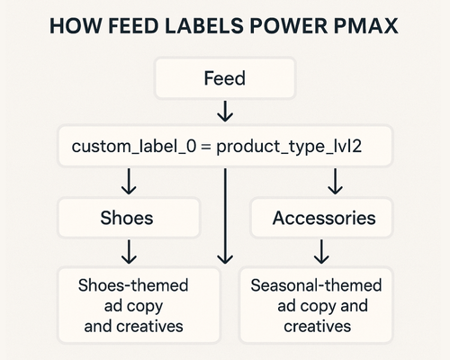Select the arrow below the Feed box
coord(224,112)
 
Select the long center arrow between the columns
coord(224,216)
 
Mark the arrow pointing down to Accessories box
coord(336,183)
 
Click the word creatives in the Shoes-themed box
coord(149,326)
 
